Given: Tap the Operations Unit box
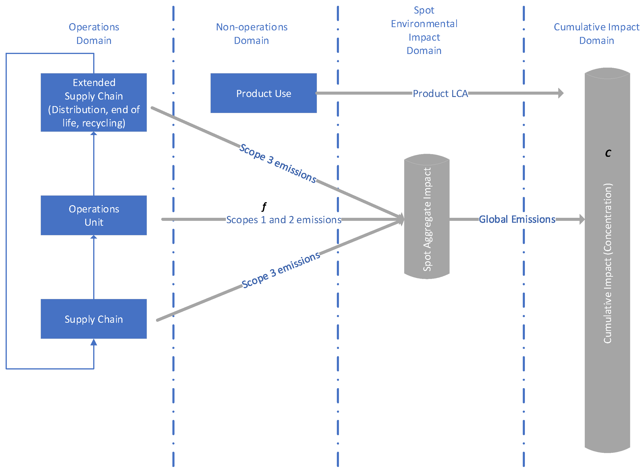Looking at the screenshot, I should click(x=94, y=215).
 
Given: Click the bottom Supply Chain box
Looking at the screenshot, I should click(x=94, y=319).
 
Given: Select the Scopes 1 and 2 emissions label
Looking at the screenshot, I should click(x=283, y=220).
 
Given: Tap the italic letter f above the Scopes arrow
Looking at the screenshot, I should click(x=264, y=206).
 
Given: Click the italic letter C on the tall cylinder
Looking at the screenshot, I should click(x=608, y=153).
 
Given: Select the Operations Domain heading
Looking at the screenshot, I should click(x=94, y=33).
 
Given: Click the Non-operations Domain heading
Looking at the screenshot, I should click(x=251, y=33).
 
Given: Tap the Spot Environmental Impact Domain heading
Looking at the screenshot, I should click(x=424, y=30).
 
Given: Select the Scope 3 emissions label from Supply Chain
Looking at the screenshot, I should click(x=281, y=270).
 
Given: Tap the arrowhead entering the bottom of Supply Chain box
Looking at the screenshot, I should click(x=94, y=342).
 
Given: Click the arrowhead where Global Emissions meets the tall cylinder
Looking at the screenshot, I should click(x=582, y=219).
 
